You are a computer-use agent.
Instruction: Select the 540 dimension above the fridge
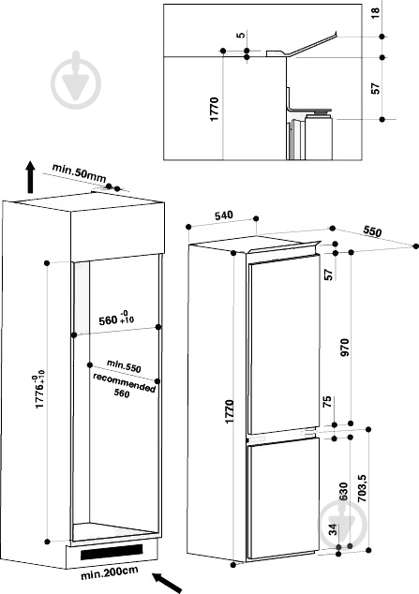point(223,215)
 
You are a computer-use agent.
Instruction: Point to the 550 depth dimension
point(372,231)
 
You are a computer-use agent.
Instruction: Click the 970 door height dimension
point(345,348)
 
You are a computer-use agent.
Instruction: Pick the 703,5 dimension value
point(362,488)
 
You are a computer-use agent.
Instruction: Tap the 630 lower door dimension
point(344,491)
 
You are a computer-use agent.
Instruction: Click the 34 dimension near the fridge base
point(333,529)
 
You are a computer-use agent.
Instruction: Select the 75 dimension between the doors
point(327,402)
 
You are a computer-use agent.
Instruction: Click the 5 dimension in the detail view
point(241,35)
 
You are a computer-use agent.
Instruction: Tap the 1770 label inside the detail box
point(215,109)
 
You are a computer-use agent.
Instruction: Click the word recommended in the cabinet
point(125,383)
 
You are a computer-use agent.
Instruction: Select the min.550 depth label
point(124,366)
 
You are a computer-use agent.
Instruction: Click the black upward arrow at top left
point(30,177)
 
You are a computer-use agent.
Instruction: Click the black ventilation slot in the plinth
point(112,552)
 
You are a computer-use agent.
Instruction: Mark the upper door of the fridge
point(284,345)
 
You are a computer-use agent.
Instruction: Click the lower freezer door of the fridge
point(283,498)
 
